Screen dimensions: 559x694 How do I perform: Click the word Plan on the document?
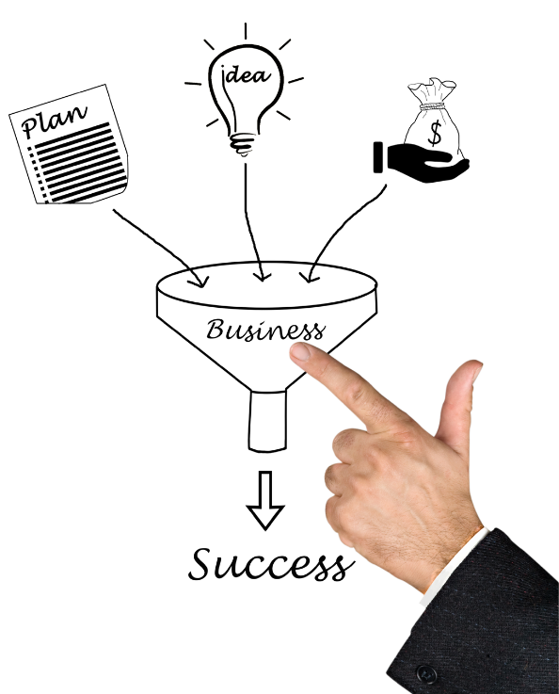tap(54, 119)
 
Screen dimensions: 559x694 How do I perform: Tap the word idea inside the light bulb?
tap(247, 74)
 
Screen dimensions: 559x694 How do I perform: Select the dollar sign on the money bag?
tap(435, 133)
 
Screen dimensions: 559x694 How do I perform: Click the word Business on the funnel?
tap(264, 331)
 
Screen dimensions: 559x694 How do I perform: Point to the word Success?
tap(271, 564)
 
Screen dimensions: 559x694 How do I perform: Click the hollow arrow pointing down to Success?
tap(265, 500)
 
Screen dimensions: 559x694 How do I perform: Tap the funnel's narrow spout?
tap(267, 421)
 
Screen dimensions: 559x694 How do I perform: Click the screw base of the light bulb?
tap(243, 144)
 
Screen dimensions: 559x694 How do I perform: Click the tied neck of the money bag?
tap(433, 106)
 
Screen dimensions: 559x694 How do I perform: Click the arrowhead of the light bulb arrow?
tap(264, 273)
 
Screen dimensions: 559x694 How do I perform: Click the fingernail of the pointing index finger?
tap(301, 352)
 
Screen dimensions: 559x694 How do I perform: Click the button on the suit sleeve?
tap(427, 673)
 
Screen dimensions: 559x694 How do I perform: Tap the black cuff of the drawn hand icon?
tap(378, 157)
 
